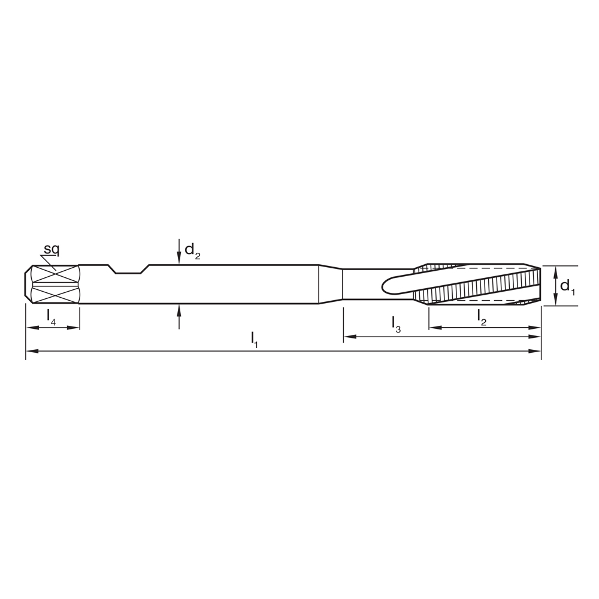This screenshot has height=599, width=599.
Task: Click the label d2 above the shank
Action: tap(191, 250)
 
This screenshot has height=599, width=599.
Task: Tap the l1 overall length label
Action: tap(255, 338)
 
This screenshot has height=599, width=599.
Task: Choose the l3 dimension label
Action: tap(396, 324)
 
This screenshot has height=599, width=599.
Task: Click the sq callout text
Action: tap(52, 249)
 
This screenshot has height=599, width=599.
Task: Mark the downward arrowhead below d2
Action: tap(179, 259)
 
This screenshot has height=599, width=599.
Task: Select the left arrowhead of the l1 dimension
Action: tap(31, 350)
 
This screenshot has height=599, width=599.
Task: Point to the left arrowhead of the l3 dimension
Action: tap(348, 337)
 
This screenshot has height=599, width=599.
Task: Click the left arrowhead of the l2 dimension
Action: tap(434, 328)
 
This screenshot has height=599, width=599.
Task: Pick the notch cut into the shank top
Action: tap(128, 270)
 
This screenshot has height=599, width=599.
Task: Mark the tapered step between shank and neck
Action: tap(330, 285)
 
